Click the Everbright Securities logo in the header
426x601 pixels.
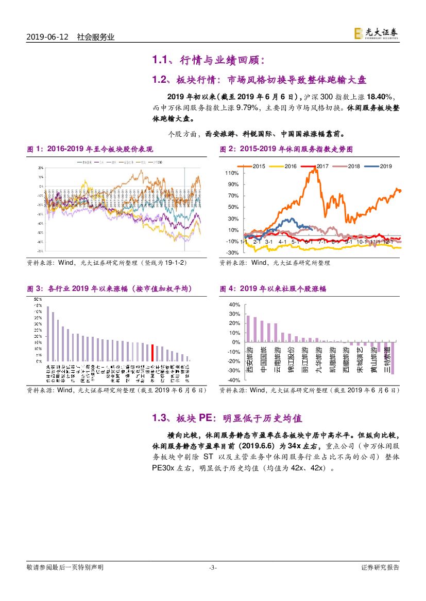pos(376,33)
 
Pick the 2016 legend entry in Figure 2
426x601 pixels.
pos(286,166)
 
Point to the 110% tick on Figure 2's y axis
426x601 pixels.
pos(232,173)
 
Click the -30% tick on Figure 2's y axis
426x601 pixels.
pos(232,253)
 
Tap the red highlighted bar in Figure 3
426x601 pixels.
pos(152,353)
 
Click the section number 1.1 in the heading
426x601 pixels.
pos(161,61)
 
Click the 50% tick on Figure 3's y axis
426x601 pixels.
pos(38,299)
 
